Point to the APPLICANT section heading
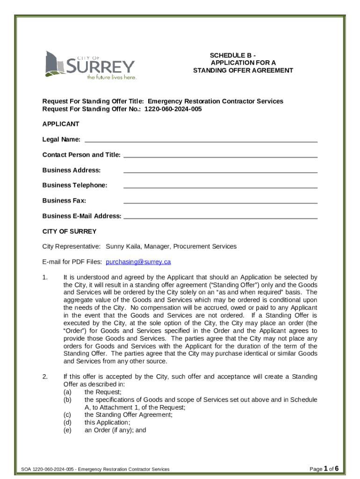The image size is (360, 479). click(x=61, y=124)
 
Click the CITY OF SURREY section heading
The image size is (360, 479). click(x=69, y=232)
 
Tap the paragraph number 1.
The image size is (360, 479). click(x=45, y=277)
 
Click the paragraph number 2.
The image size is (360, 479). click(x=45, y=377)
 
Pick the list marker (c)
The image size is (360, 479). click(x=67, y=414)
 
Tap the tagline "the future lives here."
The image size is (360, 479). click(x=112, y=78)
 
